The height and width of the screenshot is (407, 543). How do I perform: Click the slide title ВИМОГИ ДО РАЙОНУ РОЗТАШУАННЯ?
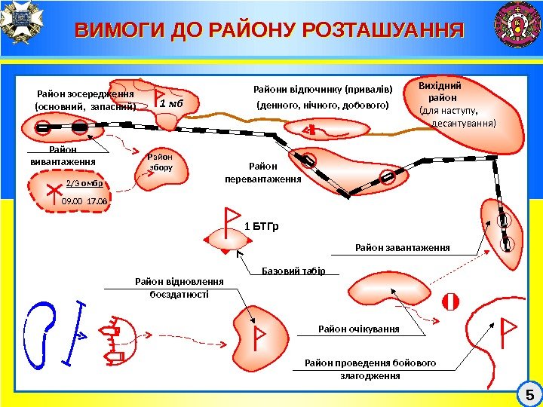(x=270, y=31)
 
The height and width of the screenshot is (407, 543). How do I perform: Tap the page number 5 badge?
(x=529, y=394)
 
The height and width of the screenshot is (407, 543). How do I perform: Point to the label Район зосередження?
(x=85, y=94)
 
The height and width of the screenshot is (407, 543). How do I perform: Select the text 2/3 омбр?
(x=84, y=183)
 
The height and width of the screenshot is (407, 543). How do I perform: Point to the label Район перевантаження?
(x=262, y=173)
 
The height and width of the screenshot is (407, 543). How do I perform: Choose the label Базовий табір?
(x=293, y=271)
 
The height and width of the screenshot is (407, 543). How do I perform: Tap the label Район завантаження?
(x=402, y=247)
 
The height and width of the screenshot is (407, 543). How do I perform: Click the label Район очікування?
(x=358, y=329)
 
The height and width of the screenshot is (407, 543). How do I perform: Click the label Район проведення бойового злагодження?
(x=370, y=369)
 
